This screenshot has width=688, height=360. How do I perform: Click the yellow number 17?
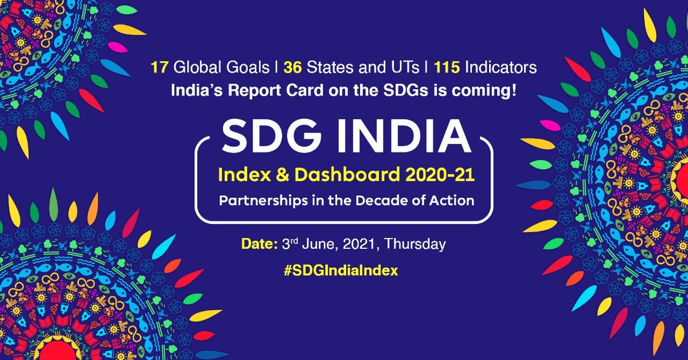point(158,68)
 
